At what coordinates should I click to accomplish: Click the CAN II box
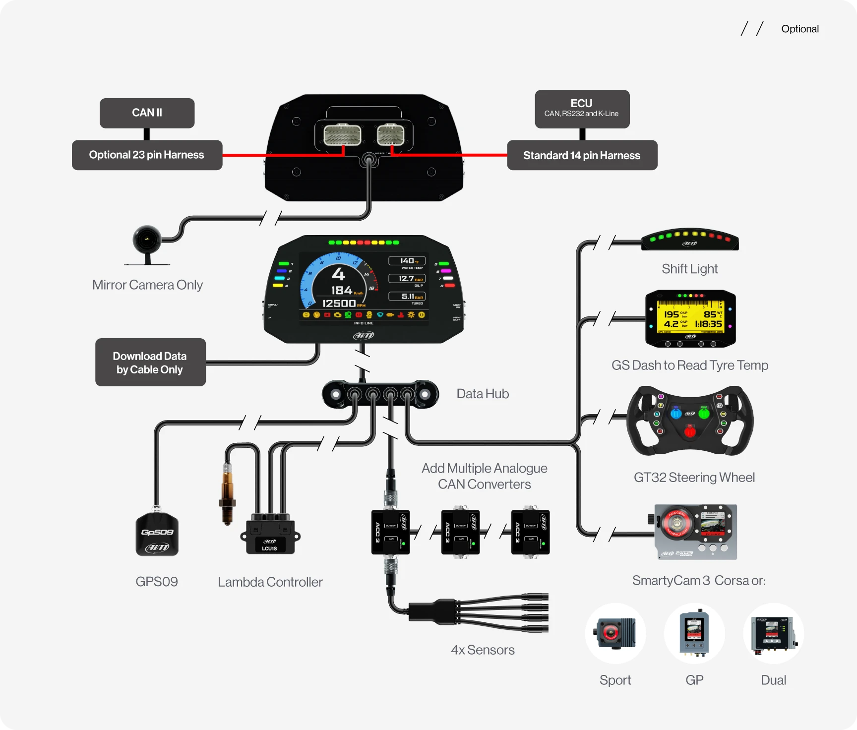[147, 113]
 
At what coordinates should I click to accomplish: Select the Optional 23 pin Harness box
[147, 155]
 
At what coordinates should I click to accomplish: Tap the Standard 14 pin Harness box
[582, 156]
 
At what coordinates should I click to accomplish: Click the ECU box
[582, 109]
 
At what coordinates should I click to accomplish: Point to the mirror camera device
[147, 241]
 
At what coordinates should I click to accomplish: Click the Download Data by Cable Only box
[150, 363]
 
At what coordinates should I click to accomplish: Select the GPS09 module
[157, 535]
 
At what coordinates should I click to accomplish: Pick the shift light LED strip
[689, 240]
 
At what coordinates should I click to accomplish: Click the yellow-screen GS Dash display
[690, 318]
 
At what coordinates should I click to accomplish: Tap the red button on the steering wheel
[689, 432]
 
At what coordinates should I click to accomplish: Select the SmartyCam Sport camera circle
[615, 633]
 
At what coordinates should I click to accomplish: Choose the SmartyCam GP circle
[694, 633]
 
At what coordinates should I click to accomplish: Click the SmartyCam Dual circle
[773, 633]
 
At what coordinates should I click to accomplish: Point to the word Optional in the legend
[799, 29]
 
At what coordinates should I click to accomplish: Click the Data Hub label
[482, 394]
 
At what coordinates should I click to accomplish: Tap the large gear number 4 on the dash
[338, 273]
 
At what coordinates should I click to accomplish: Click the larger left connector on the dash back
[342, 134]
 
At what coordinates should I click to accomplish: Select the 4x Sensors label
[483, 650]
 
